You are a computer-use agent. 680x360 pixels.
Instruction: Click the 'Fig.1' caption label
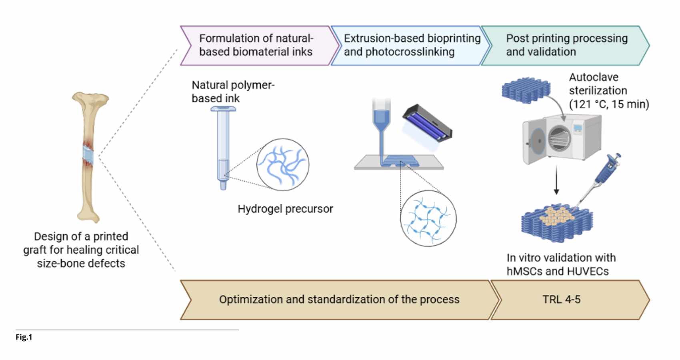(x=24, y=337)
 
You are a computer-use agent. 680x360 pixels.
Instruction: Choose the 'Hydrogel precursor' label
(x=285, y=209)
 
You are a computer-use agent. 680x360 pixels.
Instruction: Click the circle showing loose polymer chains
(x=283, y=164)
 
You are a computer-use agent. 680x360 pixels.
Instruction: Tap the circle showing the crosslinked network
(x=428, y=218)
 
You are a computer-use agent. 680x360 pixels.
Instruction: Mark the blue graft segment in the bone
(x=88, y=155)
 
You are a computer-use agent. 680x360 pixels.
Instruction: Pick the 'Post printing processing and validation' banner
(x=566, y=45)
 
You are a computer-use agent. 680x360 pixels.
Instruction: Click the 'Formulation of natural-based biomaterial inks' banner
(x=256, y=45)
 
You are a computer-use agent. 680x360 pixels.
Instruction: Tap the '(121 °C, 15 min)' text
(x=609, y=104)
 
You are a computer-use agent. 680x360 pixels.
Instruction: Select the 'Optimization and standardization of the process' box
(x=339, y=300)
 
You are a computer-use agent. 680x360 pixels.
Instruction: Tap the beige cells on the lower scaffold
(x=558, y=216)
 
